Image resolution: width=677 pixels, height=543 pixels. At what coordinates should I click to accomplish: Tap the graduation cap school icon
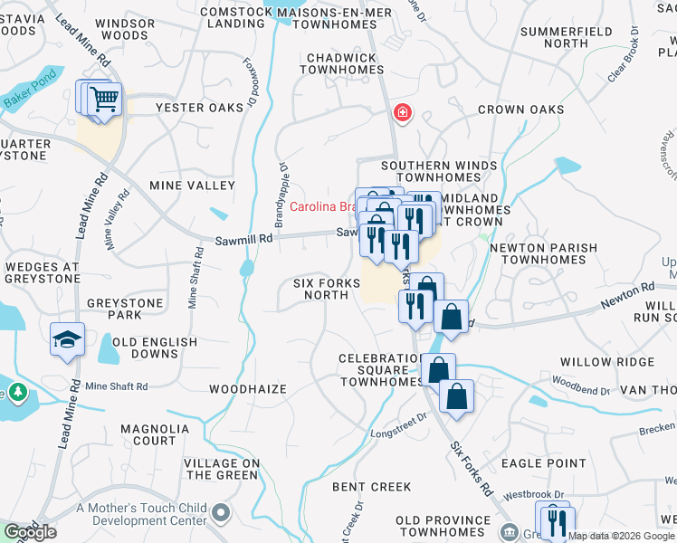pyautogui.click(x=67, y=339)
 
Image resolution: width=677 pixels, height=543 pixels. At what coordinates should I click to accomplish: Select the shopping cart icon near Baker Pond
pyautogui.click(x=105, y=98)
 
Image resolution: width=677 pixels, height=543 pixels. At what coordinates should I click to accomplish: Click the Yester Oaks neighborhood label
pyautogui.click(x=199, y=108)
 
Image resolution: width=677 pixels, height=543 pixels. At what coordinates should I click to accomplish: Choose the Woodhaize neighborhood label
pyautogui.click(x=247, y=389)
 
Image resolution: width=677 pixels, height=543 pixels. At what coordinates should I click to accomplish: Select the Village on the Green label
pyautogui.click(x=222, y=469)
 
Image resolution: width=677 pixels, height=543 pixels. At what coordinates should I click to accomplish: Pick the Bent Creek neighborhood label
pyautogui.click(x=372, y=487)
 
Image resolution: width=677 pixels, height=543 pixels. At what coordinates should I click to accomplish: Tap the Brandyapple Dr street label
pyautogui.click(x=282, y=192)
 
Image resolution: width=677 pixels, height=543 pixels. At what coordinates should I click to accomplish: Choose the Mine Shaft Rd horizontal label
pyautogui.click(x=116, y=386)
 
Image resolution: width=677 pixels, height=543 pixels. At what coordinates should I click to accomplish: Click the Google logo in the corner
pyautogui.click(x=30, y=532)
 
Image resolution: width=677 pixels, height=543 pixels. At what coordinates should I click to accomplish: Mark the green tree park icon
pyautogui.click(x=16, y=392)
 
